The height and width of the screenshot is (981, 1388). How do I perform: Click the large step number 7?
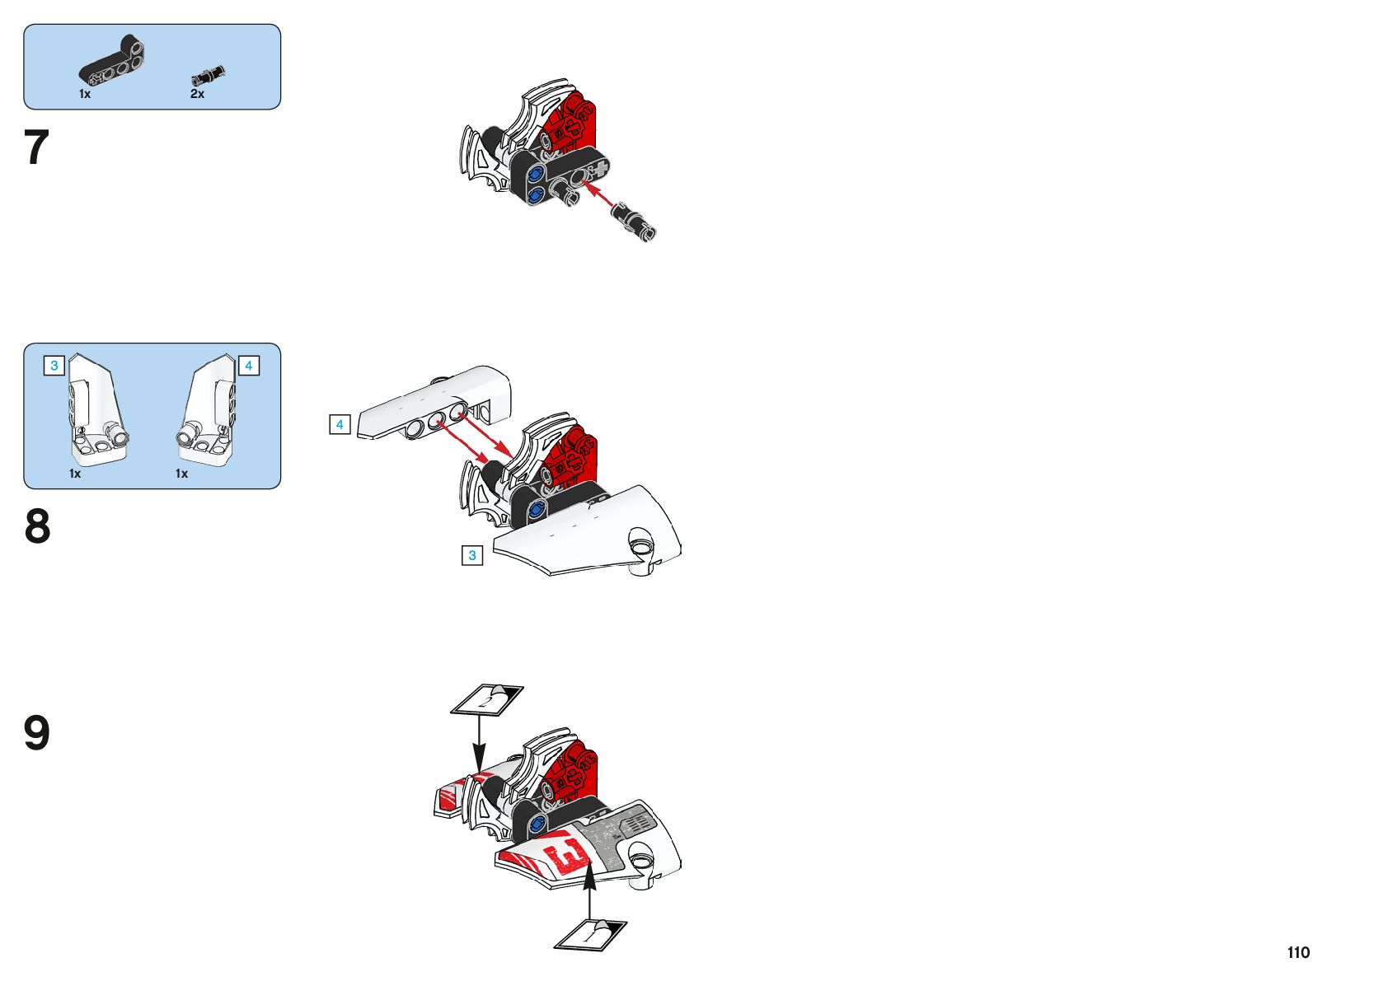pyautogui.click(x=36, y=147)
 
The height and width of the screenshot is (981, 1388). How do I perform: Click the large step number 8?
pyautogui.click(x=37, y=526)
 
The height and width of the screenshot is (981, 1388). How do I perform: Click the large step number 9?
pyautogui.click(x=36, y=732)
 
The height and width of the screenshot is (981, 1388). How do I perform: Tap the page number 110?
pyautogui.click(x=1298, y=952)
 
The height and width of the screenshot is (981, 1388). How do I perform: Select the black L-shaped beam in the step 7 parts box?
pyautogui.click(x=112, y=61)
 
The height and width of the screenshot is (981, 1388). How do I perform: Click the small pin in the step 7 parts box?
pyautogui.click(x=209, y=76)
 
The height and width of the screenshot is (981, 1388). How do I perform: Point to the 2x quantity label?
pyautogui.click(x=197, y=94)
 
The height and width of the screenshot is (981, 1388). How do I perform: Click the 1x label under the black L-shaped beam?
pyautogui.click(x=85, y=94)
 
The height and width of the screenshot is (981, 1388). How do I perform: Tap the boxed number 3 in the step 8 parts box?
pyautogui.click(x=54, y=366)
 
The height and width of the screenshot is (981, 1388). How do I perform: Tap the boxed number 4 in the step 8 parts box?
pyautogui.click(x=248, y=366)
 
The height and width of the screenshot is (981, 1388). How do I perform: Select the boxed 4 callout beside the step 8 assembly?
pyautogui.click(x=340, y=424)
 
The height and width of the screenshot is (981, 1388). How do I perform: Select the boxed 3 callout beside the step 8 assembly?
pyautogui.click(x=472, y=555)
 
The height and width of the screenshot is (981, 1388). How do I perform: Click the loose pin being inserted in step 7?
pyautogui.click(x=633, y=222)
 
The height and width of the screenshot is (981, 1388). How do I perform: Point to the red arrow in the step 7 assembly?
pyautogui.click(x=598, y=193)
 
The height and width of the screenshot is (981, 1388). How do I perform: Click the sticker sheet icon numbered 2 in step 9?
pyautogui.click(x=487, y=700)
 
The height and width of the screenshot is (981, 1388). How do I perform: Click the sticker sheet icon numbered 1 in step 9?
pyautogui.click(x=590, y=936)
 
